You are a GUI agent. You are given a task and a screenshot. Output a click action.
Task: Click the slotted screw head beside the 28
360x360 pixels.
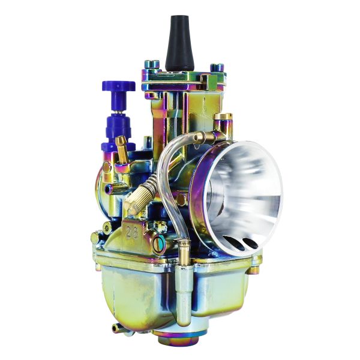[158, 244]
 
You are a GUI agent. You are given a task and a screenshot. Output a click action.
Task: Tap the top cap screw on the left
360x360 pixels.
[152, 65]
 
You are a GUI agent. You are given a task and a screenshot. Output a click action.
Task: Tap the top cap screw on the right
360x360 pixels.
[217, 68]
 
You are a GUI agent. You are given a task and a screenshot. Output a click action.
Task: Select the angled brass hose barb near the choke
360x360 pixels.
[122, 148]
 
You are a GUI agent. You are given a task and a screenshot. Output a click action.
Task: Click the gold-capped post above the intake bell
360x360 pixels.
[223, 119]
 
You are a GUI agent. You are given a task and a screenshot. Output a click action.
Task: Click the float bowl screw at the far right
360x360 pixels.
[256, 264]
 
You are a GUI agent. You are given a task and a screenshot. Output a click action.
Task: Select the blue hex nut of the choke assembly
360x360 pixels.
[119, 125]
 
